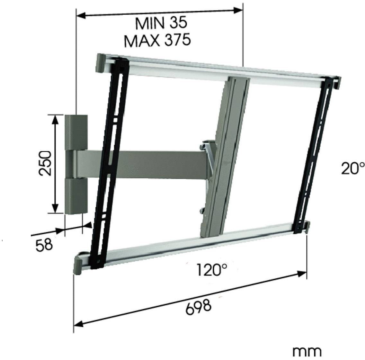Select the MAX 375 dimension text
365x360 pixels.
pos(157,41)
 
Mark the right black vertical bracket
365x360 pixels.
pos(313,151)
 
